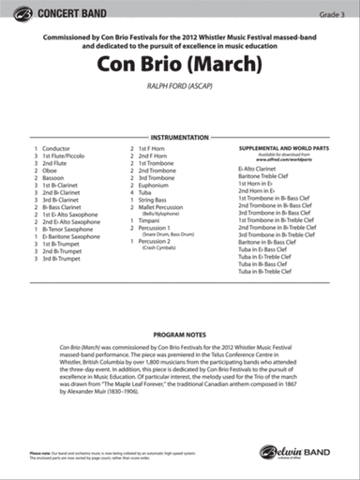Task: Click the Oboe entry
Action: (51, 171)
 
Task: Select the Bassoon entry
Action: (54, 178)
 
